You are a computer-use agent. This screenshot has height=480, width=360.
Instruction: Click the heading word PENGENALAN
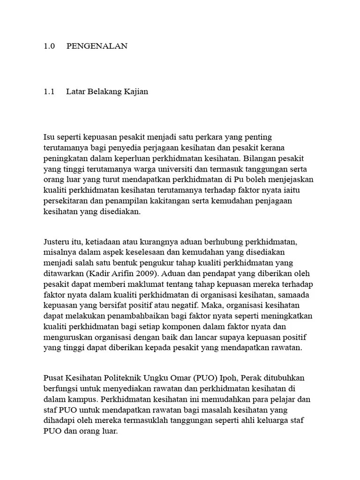[x=97, y=46]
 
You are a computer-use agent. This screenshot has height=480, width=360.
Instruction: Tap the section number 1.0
[x=49, y=46]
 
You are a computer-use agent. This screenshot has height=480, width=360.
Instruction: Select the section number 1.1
[x=49, y=91]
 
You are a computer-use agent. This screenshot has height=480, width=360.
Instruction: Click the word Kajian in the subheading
[x=135, y=91]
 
